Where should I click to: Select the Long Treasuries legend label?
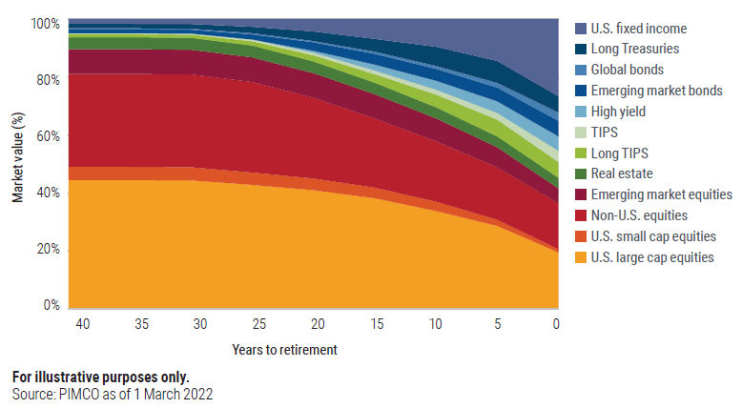(x=635, y=50)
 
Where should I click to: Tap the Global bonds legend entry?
(x=627, y=70)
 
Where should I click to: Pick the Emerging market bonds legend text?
(x=656, y=91)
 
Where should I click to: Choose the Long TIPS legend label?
(x=618, y=153)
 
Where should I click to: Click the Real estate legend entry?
(x=622, y=173)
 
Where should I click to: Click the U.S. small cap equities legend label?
(x=653, y=236)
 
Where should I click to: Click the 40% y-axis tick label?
(x=48, y=193)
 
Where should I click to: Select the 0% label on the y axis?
(x=52, y=306)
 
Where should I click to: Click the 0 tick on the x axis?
(x=557, y=325)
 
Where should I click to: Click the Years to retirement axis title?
(x=284, y=350)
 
